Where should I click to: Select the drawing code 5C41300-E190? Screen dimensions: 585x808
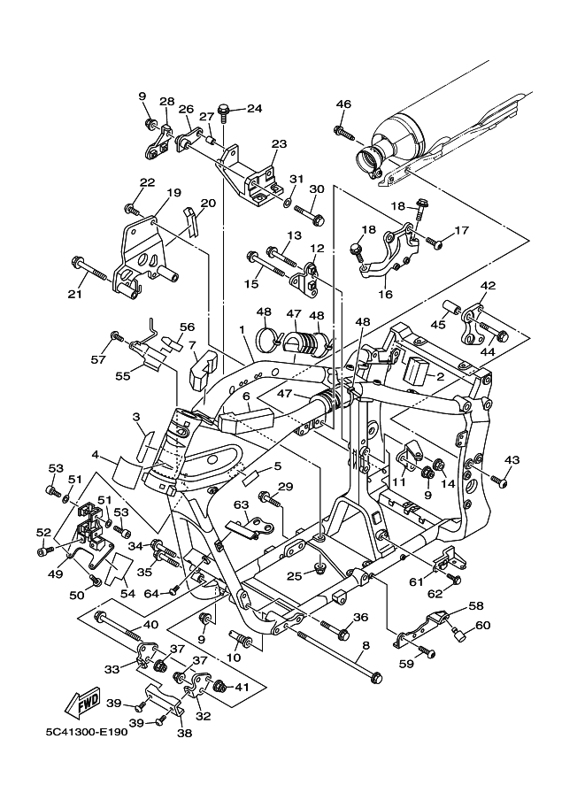point(86,732)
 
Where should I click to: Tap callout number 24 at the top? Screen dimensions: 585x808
point(254,108)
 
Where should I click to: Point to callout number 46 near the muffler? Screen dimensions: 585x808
point(343,104)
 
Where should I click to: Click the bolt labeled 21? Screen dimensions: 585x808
point(89,267)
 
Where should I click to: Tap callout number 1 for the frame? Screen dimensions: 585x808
point(241,328)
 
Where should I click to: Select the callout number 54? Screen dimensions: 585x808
point(127,594)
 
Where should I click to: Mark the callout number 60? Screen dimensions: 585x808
point(483,625)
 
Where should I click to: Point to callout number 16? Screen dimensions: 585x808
point(385,294)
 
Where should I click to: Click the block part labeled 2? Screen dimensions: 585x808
point(418,370)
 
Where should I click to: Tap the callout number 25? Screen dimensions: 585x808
point(295,575)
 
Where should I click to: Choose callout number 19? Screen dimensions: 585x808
point(173,193)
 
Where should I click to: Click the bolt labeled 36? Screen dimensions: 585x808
point(336,628)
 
